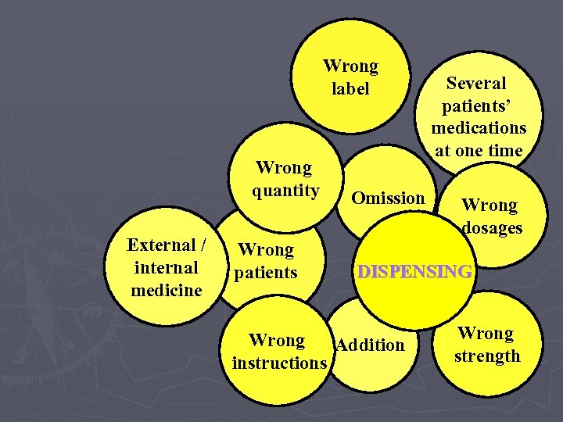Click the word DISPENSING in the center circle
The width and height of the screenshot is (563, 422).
pos(414,272)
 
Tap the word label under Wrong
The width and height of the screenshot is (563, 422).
pos(350,89)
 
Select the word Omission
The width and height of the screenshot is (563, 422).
pos(388,198)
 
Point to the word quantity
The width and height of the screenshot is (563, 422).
pos(285,191)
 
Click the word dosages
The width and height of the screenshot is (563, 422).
pos(492,228)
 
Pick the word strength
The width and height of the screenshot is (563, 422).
pos(487,356)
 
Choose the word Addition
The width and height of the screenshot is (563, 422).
pos(371,345)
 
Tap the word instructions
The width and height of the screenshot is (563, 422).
pos(279,363)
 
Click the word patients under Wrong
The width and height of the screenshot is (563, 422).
pos(266,273)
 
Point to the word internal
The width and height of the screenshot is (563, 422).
pos(167,267)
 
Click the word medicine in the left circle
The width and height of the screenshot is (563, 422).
pos(167,291)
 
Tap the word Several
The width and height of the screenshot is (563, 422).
pos(476,83)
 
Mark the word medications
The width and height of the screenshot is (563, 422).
pos(479,127)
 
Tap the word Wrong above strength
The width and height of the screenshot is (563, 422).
pos(486,334)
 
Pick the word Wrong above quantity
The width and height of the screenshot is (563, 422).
pos(283,168)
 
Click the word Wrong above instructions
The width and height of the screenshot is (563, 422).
pos(277,341)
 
